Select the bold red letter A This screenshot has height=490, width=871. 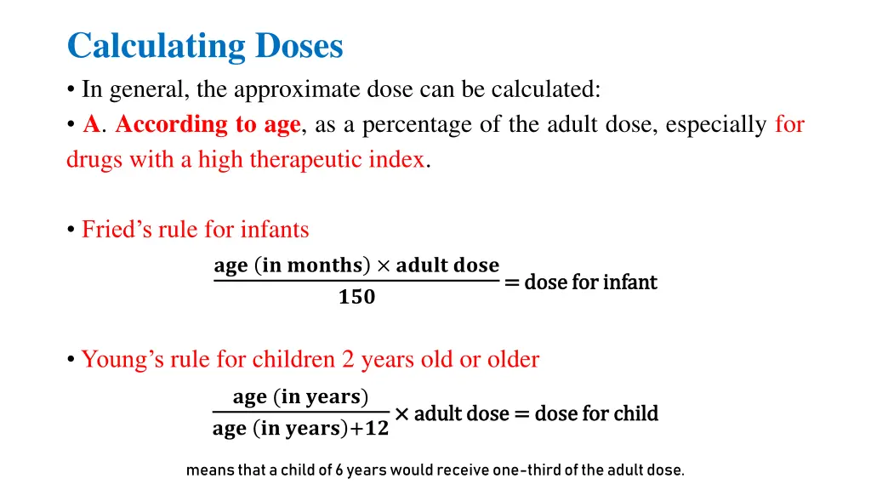(x=91, y=125)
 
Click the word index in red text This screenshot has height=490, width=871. (x=396, y=160)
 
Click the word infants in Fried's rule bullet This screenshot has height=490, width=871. (x=275, y=230)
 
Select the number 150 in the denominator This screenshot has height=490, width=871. (x=356, y=298)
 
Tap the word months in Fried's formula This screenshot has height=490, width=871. (x=325, y=265)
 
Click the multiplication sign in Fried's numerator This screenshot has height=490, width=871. (x=383, y=266)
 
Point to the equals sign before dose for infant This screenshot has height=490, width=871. (x=512, y=282)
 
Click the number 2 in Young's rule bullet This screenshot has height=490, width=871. (x=349, y=360)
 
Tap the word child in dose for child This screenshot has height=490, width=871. (x=637, y=414)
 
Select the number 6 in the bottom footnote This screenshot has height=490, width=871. (x=339, y=470)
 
